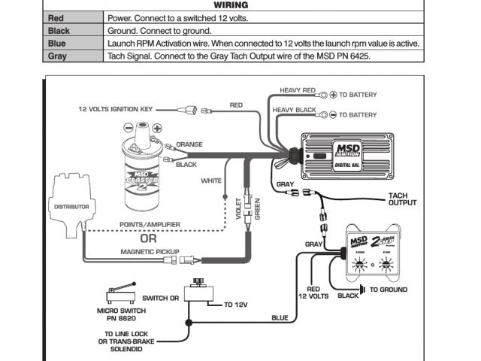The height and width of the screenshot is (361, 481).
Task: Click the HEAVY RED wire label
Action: tap(297, 90)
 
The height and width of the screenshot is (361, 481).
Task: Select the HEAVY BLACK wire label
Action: tap(292, 110)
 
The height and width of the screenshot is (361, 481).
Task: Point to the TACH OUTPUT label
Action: tap(402, 199)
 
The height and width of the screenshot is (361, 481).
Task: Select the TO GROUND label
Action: tap(389, 290)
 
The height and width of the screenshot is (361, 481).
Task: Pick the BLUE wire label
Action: tap(279, 318)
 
